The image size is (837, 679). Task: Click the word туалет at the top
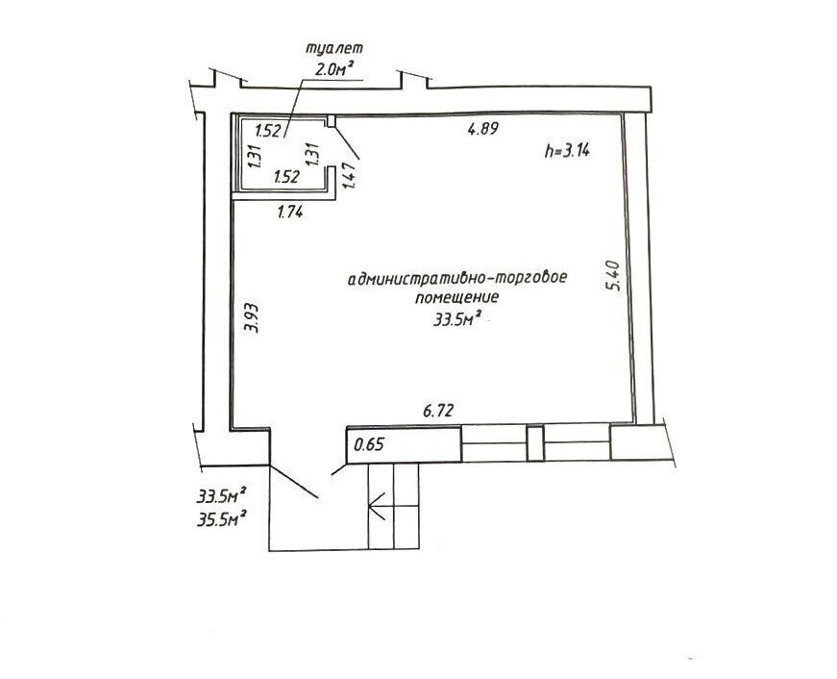pyautogui.click(x=333, y=47)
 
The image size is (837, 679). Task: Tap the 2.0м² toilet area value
pyautogui.click(x=334, y=69)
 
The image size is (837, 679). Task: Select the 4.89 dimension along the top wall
pyautogui.click(x=483, y=129)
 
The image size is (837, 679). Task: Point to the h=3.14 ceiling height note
pyautogui.click(x=567, y=151)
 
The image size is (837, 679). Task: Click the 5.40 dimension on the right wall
pyautogui.click(x=614, y=275)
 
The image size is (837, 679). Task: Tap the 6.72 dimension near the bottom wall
pyautogui.click(x=438, y=411)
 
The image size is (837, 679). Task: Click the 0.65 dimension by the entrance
pyautogui.click(x=369, y=444)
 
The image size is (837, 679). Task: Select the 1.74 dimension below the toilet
pyautogui.click(x=290, y=213)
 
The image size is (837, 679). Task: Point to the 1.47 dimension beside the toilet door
pyautogui.click(x=349, y=175)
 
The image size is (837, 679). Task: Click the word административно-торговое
pyautogui.click(x=456, y=278)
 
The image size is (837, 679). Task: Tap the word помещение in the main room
pyautogui.click(x=456, y=297)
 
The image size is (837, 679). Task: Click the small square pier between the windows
pyautogui.click(x=535, y=443)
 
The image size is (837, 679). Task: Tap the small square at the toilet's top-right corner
pyautogui.click(x=331, y=121)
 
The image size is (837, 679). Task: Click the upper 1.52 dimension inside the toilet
pyautogui.click(x=268, y=131)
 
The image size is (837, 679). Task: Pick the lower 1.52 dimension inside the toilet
pyautogui.click(x=286, y=177)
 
